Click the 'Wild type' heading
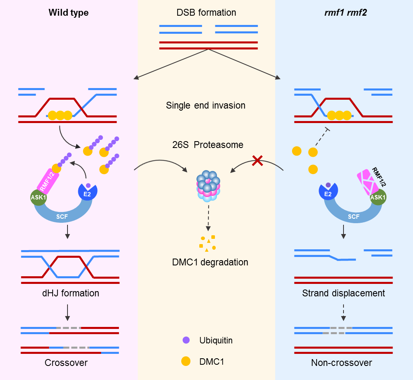coord(68,13)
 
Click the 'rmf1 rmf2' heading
coord(343,13)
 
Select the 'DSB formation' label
coord(206,12)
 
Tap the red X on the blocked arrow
coord(258,161)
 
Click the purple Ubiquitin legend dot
coord(186,341)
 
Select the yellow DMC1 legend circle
coord(186,362)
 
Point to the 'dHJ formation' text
coord(70,293)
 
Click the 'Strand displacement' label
coord(343,293)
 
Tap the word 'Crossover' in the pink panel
coord(66,363)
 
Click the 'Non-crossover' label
coord(341,363)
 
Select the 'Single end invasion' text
coord(205,106)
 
